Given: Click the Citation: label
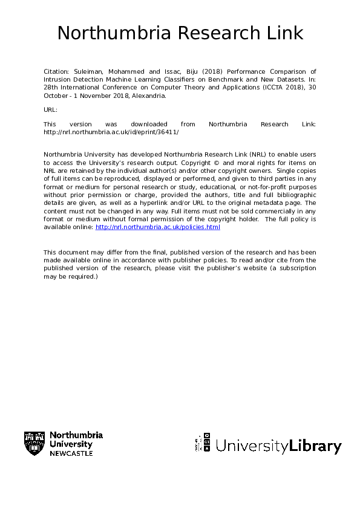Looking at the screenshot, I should (56, 71).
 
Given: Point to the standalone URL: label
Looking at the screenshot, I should (51, 109).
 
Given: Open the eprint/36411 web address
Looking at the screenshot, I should (111, 132).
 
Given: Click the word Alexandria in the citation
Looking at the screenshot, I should (148, 96).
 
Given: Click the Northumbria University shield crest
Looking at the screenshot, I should (34, 444).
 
